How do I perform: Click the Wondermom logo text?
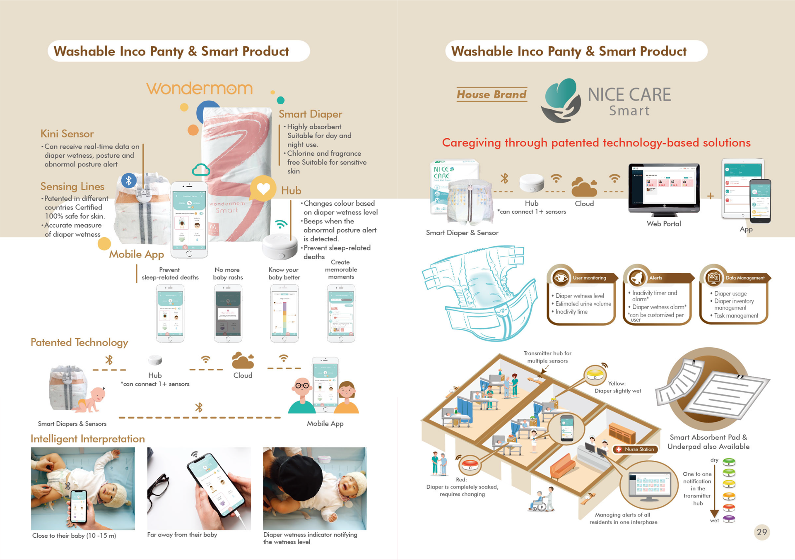click(199, 88)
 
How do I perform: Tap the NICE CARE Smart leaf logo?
click(561, 101)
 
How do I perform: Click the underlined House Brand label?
click(491, 95)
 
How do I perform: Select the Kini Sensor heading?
click(67, 134)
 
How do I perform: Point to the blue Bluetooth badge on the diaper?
click(129, 180)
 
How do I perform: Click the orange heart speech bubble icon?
click(263, 189)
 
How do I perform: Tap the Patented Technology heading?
click(79, 342)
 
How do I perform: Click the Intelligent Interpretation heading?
click(88, 439)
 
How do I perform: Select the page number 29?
click(762, 532)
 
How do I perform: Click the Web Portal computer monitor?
click(664, 188)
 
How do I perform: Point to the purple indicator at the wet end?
click(729, 519)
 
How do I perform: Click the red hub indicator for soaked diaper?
click(470, 465)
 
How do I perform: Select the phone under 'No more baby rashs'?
click(228, 313)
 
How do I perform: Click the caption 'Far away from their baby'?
click(182, 535)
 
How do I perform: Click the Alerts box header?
click(656, 278)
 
